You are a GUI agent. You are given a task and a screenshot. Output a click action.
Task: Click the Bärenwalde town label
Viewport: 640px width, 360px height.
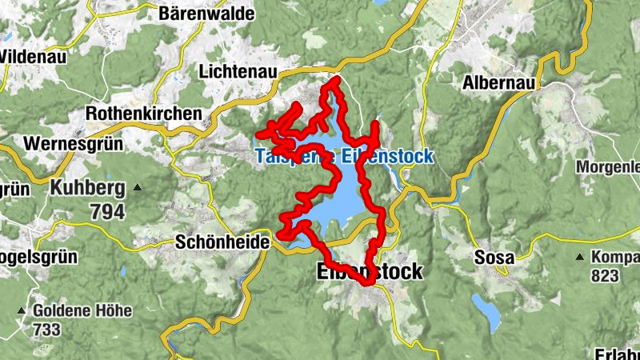[197, 13]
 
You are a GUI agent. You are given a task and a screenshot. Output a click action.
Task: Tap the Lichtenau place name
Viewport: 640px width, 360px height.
[238, 72]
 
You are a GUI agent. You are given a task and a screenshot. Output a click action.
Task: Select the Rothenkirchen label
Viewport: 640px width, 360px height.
[143, 114]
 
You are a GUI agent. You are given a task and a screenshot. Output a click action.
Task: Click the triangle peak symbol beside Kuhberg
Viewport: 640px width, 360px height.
[138, 189]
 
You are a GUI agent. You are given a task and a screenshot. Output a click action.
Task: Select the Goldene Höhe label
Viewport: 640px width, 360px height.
[75, 310]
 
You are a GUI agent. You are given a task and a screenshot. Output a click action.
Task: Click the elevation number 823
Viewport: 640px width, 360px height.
[606, 276]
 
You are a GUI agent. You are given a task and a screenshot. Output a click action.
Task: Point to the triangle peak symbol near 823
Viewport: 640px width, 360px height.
[578, 258]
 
